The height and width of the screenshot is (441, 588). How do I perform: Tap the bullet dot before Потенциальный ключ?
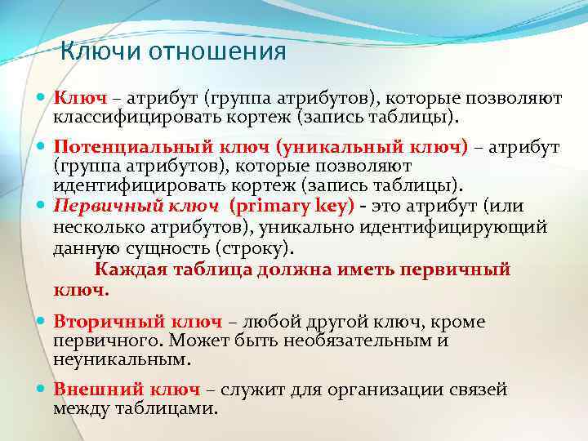coord(42,148)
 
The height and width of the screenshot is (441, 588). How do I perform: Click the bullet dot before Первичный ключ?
coord(42,207)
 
